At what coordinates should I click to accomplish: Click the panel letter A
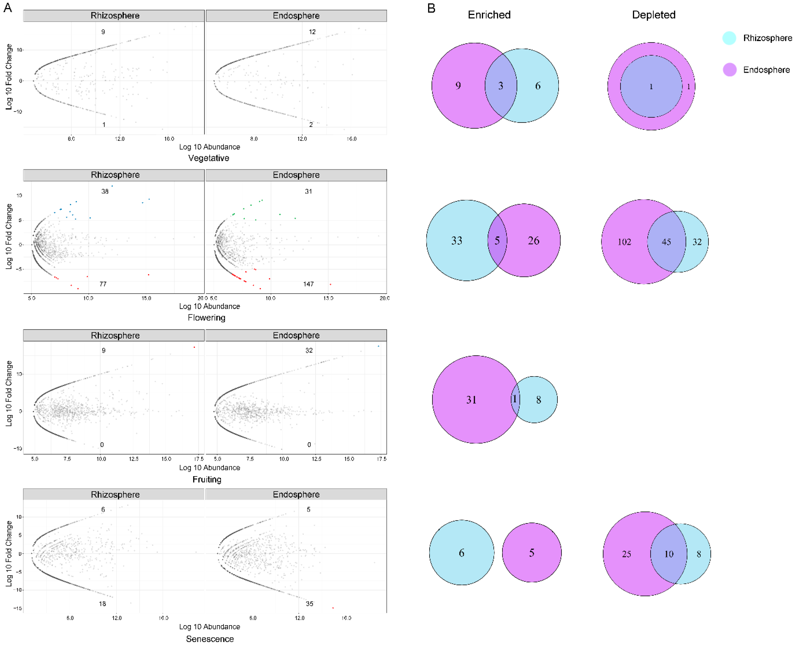click(x=7, y=8)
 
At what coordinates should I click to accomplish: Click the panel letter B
click(x=431, y=8)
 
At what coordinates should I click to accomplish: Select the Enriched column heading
click(x=489, y=15)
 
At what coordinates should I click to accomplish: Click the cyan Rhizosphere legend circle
click(x=729, y=38)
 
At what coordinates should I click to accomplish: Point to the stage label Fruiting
click(x=207, y=479)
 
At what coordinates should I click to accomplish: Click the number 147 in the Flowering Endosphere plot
click(x=308, y=284)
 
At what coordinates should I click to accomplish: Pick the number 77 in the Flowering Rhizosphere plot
click(x=103, y=284)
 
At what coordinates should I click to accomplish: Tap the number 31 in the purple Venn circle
click(x=471, y=400)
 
